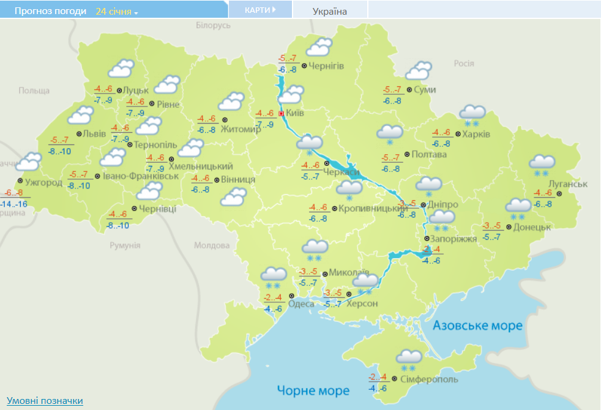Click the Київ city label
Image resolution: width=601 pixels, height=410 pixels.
click(296, 114)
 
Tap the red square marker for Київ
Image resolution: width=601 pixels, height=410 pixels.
click(281, 114)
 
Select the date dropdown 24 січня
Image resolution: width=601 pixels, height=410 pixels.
click(117, 11)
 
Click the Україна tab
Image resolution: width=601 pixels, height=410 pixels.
click(329, 11)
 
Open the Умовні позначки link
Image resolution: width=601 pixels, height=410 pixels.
click(45, 401)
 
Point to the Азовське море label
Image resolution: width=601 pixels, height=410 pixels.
click(477, 326)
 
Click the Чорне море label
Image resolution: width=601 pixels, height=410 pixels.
click(313, 390)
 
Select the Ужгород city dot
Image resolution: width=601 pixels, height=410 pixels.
click(20, 182)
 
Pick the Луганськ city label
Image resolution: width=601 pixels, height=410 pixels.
click(568, 184)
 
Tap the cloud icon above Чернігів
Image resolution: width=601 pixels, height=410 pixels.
click(319, 48)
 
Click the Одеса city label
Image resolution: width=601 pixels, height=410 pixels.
click(301, 304)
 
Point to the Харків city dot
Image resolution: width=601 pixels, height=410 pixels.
click(457, 134)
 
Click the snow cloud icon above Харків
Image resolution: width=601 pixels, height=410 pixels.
click(472, 113)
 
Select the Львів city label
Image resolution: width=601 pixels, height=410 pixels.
click(95, 133)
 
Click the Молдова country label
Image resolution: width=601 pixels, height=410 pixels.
click(211, 245)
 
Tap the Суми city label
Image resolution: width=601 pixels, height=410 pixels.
click(425, 90)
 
